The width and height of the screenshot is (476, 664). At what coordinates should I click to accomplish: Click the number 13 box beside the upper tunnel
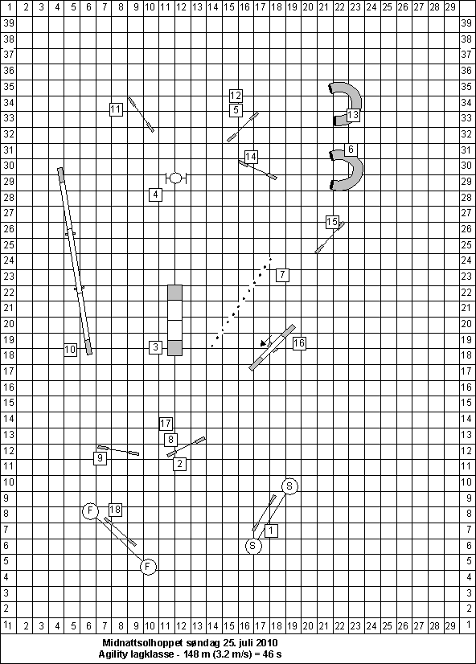[353, 115]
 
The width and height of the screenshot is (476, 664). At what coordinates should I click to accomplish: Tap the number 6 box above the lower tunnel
[351, 150]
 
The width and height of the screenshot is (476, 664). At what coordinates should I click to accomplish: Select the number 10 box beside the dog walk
[70, 350]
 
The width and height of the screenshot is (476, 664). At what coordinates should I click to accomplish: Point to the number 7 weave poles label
[282, 275]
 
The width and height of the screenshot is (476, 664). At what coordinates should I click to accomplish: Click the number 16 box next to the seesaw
[299, 343]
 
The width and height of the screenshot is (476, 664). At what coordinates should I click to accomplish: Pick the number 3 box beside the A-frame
[156, 347]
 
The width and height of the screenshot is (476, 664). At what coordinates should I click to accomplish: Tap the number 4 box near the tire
[156, 195]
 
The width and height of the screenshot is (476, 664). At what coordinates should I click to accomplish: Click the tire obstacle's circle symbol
[176, 178]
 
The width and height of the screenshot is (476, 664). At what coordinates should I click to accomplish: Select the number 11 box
[116, 109]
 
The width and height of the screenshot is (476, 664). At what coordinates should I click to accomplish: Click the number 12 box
[236, 96]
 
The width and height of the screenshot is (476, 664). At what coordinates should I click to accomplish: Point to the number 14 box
[251, 157]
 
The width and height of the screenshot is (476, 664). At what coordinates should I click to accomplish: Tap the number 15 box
[332, 222]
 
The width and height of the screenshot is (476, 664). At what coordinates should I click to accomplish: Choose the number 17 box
[166, 424]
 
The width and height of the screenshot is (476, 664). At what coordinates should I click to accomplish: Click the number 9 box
[100, 457]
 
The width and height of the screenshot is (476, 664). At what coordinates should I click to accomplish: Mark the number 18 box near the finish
[115, 510]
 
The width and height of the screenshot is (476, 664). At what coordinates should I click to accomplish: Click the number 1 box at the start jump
[272, 531]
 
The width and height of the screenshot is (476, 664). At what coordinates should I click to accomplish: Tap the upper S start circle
[289, 486]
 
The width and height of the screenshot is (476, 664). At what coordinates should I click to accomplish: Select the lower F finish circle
[148, 567]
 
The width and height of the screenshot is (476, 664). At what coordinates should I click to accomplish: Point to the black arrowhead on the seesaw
[264, 342]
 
